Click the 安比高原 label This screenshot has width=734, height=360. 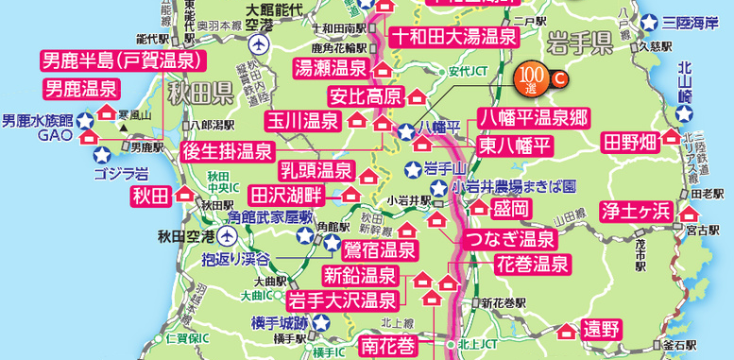click(x=366, y=95)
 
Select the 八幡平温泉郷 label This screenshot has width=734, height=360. click(x=533, y=118)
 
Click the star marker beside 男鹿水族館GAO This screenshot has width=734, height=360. click(x=82, y=121)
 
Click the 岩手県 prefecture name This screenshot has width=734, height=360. click(x=584, y=44)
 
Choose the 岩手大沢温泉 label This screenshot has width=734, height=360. click(x=341, y=301)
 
